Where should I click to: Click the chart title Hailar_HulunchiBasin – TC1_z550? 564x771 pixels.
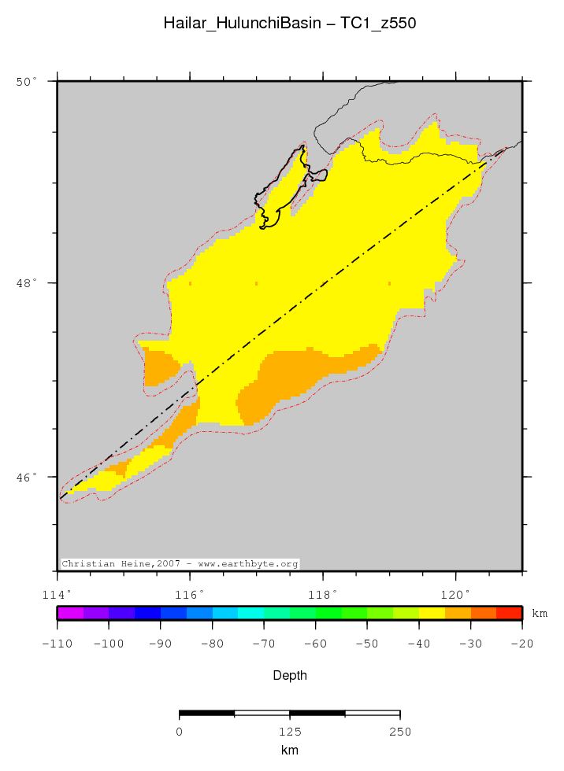(x=290, y=23)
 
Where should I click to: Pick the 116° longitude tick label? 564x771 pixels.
(x=194, y=593)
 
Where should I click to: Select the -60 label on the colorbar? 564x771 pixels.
(x=315, y=644)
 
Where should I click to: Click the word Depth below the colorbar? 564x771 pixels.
(x=290, y=675)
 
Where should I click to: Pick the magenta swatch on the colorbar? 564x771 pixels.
(x=70, y=613)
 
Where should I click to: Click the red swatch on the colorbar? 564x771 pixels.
(x=509, y=613)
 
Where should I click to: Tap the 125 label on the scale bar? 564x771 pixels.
(x=290, y=731)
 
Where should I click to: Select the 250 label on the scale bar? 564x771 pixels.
(x=400, y=731)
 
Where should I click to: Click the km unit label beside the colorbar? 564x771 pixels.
(x=540, y=613)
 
